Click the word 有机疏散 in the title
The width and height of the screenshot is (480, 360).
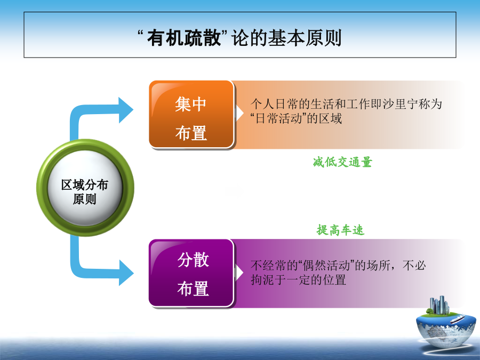[x=184, y=38]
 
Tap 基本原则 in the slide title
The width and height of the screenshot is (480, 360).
[x=305, y=38]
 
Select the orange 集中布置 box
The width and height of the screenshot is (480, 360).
[x=191, y=115]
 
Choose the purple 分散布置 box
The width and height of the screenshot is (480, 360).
[x=191, y=273]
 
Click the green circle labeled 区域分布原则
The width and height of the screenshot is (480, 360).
[x=85, y=188]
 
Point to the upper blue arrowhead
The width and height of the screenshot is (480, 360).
[x=126, y=110]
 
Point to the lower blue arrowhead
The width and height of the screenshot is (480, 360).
[x=126, y=273]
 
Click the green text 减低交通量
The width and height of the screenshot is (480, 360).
[x=342, y=162]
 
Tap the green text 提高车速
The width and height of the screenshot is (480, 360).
[x=340, y=230]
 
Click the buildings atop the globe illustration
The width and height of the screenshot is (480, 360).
[x=439, y=305]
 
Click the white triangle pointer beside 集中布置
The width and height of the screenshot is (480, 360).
[x=239, y=113]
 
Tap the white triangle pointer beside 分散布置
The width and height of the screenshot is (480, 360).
[x=239, y=273]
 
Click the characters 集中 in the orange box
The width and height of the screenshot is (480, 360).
[x=191, y=104]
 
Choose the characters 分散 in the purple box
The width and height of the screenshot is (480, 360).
[x=193, y=260]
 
